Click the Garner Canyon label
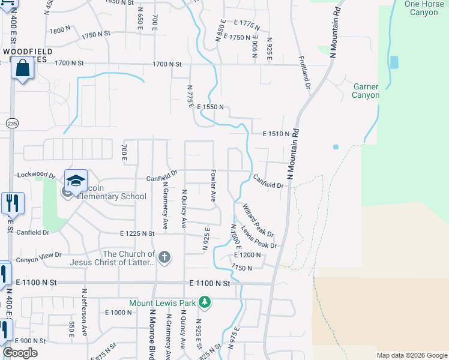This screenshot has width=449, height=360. pos(366,91)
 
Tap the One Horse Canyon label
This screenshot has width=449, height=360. pos(421,8)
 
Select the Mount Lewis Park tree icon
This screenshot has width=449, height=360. pos(205,302)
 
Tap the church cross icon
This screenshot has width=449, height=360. pos(164,258)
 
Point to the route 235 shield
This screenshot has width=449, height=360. pos(12,123)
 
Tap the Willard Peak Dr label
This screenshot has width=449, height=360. pos(258,220)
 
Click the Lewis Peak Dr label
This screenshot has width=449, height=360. pos(259,237)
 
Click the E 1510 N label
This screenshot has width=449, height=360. pos(276,134)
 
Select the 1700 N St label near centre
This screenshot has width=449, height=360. pos(167,64)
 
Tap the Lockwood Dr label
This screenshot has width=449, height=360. pos(36,175)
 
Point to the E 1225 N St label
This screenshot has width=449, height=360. pos(142,233)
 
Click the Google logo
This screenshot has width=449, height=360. pos(20,353)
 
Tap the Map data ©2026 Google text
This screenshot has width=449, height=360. pos(411,355)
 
